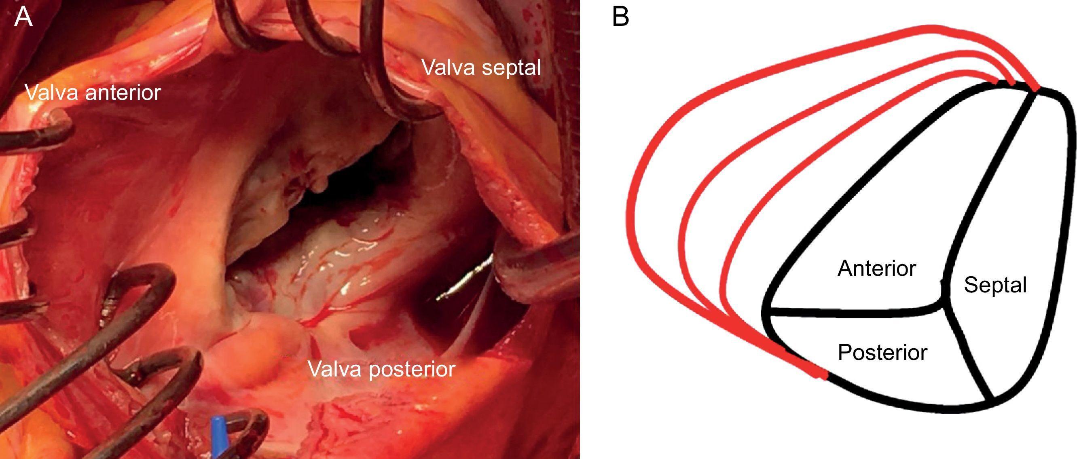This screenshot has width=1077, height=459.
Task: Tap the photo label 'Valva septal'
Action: click(x=481, y=68)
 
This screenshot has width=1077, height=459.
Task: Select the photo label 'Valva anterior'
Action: click(x=93, y=92)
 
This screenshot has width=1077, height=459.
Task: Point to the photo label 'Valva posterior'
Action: click(x=381, y=369)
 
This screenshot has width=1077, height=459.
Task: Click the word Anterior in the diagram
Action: click(x=876, y=269)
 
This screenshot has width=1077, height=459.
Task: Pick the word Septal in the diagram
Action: click(x=995, y=286)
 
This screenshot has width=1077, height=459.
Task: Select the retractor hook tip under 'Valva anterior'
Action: click(x=59, y=125)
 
